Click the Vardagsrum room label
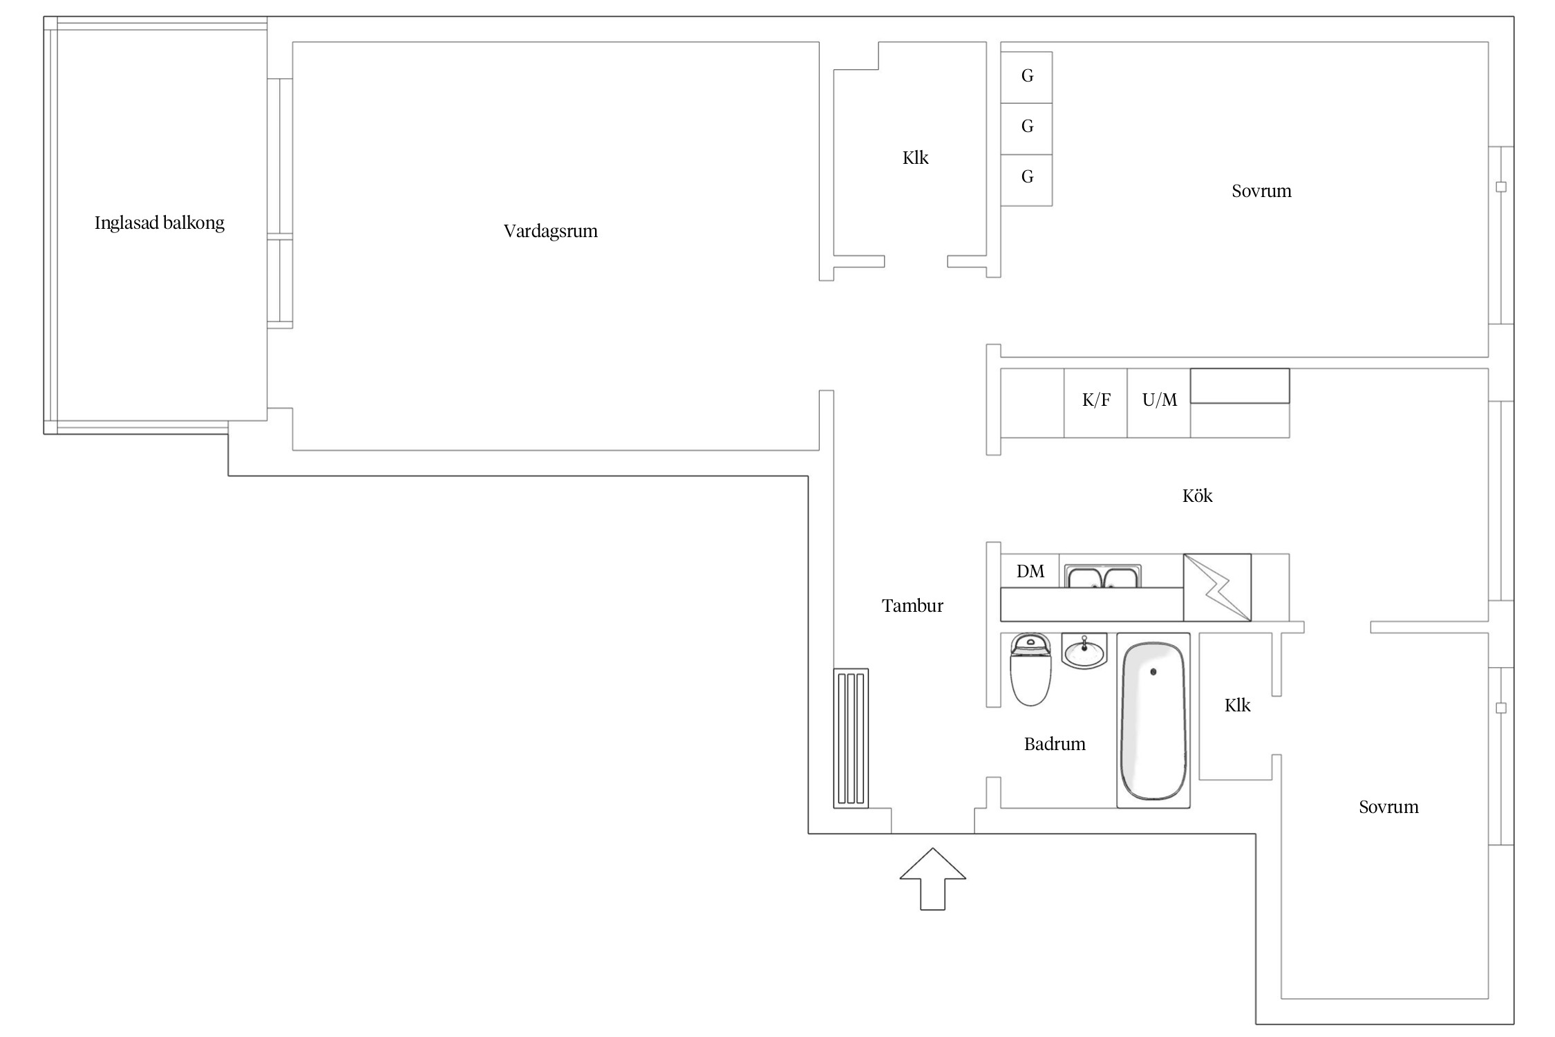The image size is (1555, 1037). (550, 231)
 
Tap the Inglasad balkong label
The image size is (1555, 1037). (160, 223)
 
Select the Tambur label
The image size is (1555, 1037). (912, 606)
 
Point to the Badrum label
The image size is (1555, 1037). (1055, 744)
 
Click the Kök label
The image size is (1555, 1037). (1197, 496)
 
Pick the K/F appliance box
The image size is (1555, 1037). (1095, 403)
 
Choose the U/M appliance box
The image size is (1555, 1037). (1158, 403)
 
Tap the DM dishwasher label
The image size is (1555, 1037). (1030, 571)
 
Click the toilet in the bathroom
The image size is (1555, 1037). (1030, 669)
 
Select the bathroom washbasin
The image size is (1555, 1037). (1084, 651)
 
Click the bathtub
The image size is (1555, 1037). (1153, 720)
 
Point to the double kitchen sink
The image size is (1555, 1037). (1103, 577)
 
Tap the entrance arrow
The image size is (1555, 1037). (932, 879)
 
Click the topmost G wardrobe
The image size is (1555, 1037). (1026, 77)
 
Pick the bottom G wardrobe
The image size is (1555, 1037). (1026, 180)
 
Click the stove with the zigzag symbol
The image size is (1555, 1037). (1217, 588)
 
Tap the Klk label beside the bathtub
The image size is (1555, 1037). (1237, 705)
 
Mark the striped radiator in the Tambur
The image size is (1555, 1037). (851, 738)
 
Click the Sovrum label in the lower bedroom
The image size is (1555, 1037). (1388, 807)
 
